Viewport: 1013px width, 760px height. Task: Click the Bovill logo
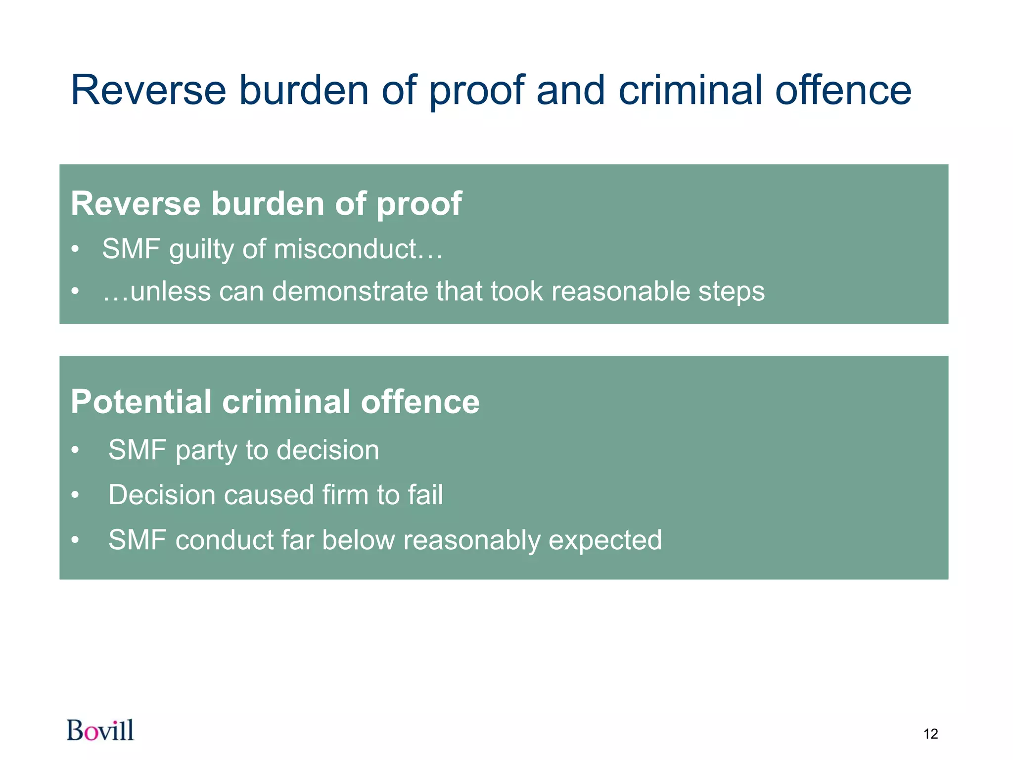100,730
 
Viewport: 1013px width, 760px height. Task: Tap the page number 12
930,734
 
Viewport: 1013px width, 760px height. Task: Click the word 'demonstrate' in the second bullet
350,291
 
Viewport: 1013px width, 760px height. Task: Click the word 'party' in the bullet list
205,451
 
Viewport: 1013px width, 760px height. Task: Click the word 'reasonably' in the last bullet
471,540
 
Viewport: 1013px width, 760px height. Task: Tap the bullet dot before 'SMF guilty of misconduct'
75,249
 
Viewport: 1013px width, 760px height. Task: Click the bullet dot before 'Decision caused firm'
75,495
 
